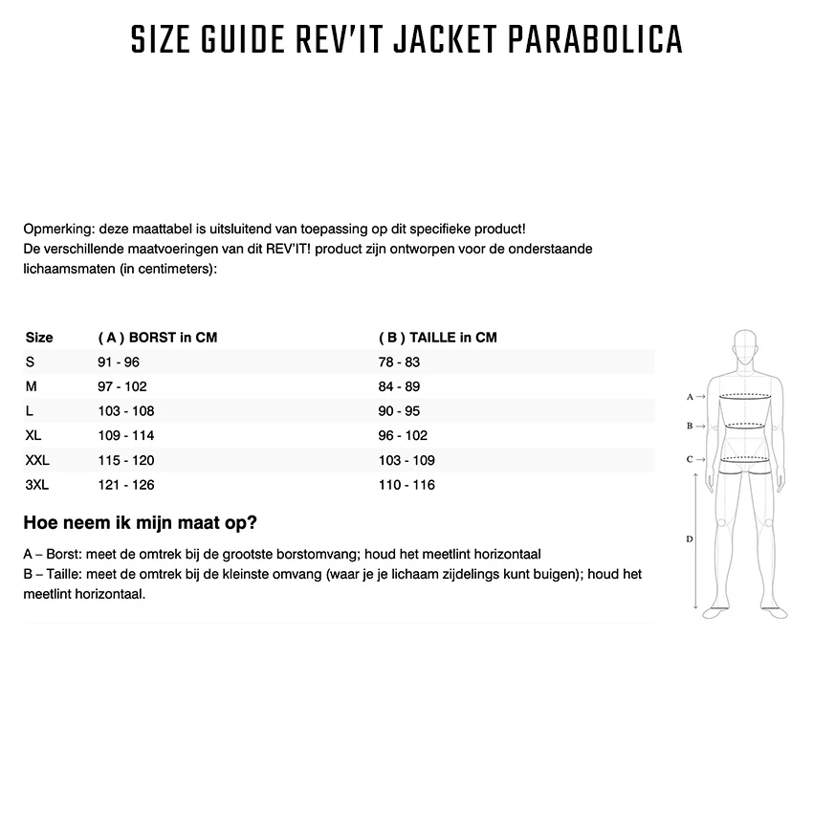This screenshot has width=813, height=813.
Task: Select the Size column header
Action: (39, 338)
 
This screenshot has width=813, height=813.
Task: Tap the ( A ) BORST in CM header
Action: (158, 338)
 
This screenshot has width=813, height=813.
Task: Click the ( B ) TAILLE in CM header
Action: (438, 338)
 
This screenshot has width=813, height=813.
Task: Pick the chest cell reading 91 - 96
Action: (119, 363)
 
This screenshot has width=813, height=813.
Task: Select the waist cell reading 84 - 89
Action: (399, 386)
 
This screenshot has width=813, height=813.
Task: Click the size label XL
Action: (33, 435)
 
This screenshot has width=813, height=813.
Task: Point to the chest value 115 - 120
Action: (125, 460)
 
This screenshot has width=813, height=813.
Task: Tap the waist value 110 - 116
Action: (406, 485)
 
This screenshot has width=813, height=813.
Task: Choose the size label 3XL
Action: (37, 485)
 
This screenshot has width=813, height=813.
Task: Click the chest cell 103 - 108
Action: (125, 411)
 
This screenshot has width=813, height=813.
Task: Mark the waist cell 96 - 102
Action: (403, 435)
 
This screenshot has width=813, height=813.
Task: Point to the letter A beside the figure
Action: (690, 396)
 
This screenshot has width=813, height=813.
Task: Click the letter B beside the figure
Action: (690, 426)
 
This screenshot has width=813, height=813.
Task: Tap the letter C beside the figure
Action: (690, 459)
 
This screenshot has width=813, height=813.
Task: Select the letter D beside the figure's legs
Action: (690, 539)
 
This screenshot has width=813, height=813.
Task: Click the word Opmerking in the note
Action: (56, 230)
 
